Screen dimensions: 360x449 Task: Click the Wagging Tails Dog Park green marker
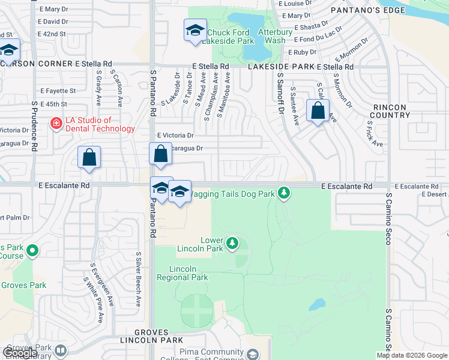(x=284, y=193)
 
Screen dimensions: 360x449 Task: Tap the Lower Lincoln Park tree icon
(x=232, y=244)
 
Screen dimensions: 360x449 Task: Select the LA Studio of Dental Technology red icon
(x=56, y=124)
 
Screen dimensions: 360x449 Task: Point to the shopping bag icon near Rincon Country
(x=318, y=110)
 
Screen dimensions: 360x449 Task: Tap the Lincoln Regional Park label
(x=182, y=272)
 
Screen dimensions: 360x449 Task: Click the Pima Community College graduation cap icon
(x=253, y=355)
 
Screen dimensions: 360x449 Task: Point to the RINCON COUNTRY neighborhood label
(x=390, y=111)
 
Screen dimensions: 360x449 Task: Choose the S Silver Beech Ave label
(x=138, y=280)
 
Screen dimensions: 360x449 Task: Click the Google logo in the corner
(x=20, y=353)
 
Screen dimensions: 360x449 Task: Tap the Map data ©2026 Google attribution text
(x=412, y=355)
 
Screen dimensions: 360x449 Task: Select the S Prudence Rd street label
(x=35, y=125)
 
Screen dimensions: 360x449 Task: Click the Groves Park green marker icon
(x=33, y=250)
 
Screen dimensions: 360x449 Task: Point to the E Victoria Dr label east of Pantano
(x=175, y=136)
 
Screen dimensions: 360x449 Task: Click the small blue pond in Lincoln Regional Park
(x=317, y=304)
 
